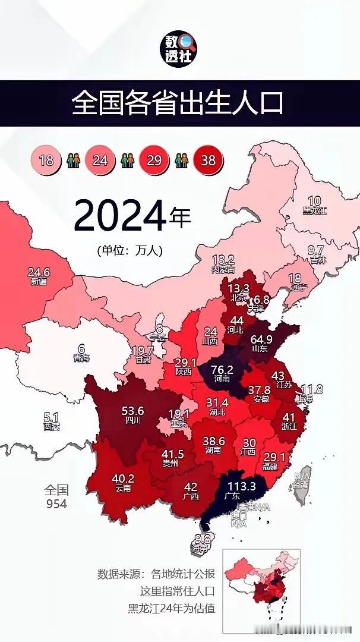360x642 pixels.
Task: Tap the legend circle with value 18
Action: [46, 160]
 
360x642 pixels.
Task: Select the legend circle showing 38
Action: [207, 160]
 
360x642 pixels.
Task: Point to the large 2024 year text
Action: [119, 216]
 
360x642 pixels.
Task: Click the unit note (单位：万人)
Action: [130, 250]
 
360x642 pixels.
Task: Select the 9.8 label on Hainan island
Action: [203, 540]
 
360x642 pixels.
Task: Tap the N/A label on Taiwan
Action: [302, 477]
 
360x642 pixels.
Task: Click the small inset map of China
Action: [261, 590]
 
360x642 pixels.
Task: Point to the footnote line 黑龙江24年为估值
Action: [172, 608]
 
